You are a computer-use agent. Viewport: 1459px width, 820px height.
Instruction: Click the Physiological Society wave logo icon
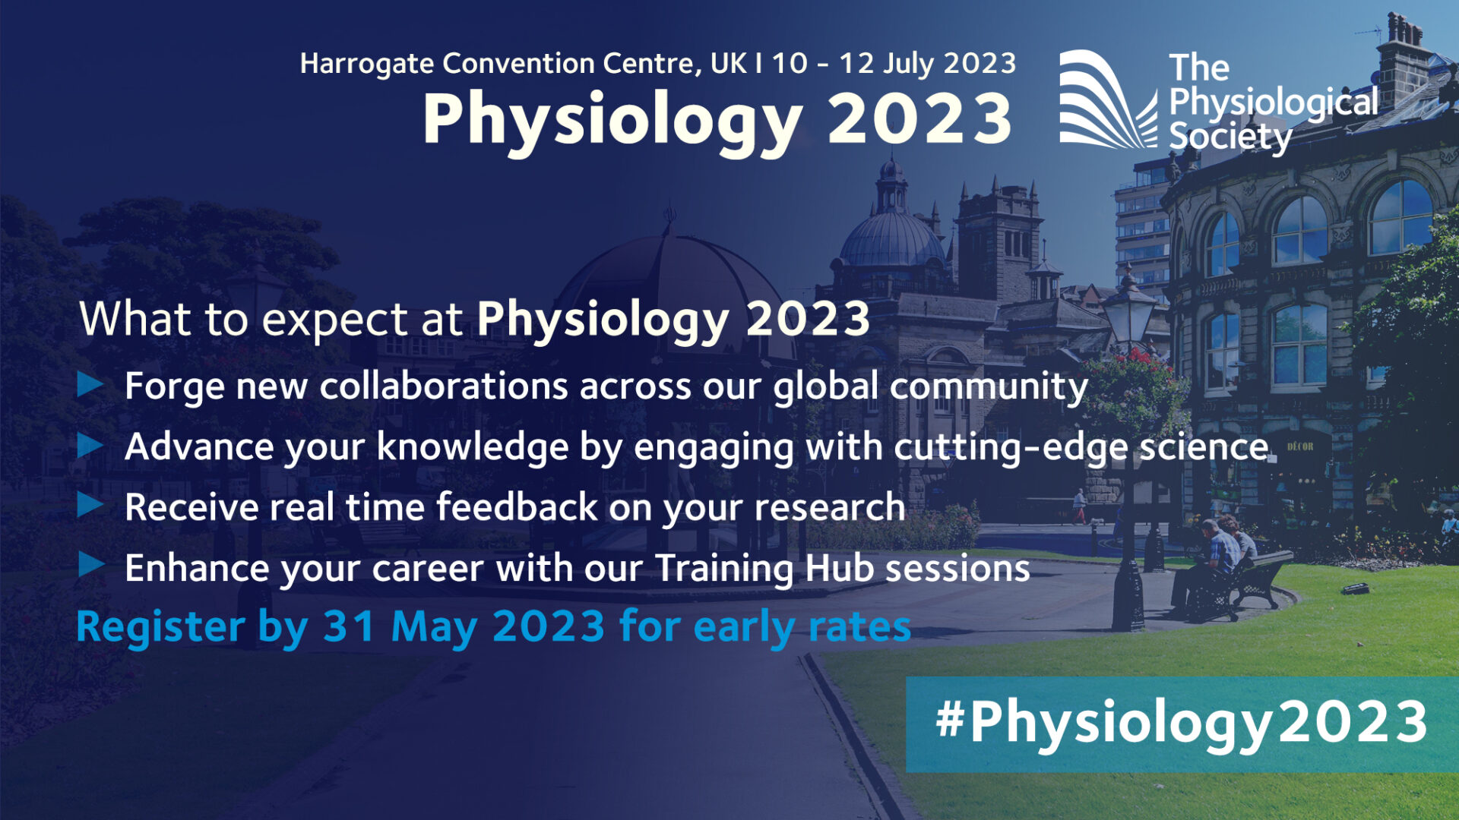1106,99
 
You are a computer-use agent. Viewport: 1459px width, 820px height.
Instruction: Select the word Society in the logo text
1229,137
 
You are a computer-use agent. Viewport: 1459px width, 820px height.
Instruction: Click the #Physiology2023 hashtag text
1181,722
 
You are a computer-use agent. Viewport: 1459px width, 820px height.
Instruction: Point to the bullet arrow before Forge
90,385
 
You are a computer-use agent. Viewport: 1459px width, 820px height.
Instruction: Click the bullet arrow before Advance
90,445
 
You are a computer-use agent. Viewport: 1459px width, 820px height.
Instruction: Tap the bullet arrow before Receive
90,505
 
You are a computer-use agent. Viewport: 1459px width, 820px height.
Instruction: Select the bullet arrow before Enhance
90,565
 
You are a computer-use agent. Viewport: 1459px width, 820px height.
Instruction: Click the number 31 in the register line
349,627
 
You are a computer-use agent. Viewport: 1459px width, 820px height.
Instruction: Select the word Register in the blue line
160,629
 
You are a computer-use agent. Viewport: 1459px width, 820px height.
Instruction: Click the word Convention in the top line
519,64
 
